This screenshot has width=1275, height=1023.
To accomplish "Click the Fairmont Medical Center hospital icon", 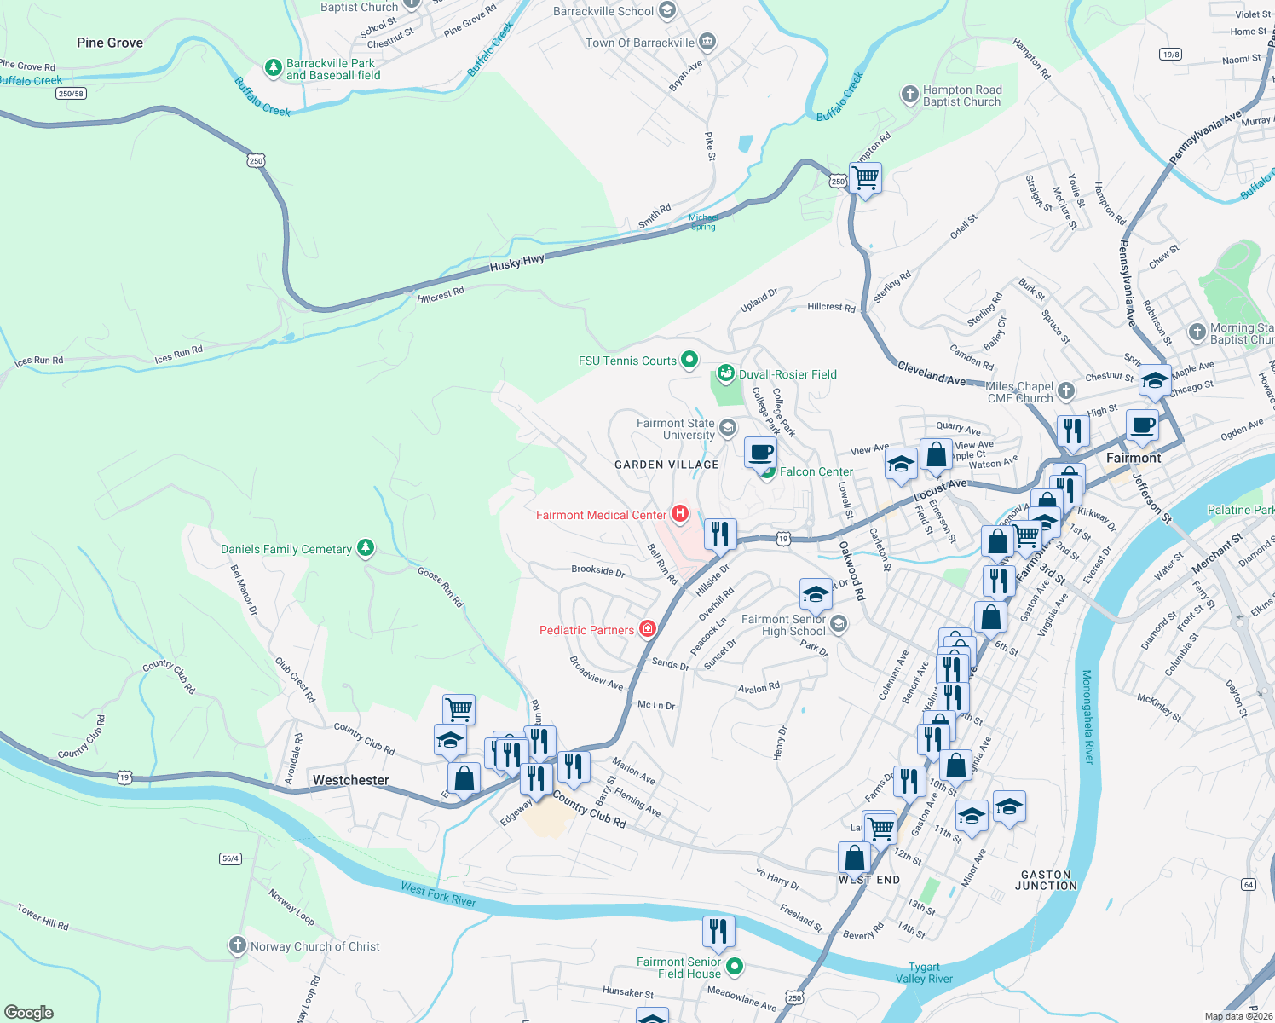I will [680, 513].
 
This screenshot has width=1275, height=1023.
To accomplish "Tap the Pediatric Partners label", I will [586, 630].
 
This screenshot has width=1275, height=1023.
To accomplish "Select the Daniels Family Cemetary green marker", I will [366, 547].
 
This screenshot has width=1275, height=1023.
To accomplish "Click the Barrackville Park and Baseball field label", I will [333, 69].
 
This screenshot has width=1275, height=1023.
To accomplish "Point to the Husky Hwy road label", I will [516, 264].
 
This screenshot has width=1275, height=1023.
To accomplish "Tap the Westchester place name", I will [350, 780].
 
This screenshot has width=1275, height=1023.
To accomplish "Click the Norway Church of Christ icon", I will [238, 945].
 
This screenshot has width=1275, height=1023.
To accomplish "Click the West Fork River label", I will [438, 894].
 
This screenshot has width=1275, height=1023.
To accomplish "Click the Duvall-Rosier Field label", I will [787, 374].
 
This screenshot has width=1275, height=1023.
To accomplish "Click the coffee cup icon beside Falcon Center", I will [760, 452].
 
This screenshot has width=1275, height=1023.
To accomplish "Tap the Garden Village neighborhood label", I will [666, 465].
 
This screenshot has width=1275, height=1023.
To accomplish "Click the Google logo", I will [28, 1012].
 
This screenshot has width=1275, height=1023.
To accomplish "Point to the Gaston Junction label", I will [1046, 881].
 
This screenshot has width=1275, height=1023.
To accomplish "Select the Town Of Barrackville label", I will [640, 43].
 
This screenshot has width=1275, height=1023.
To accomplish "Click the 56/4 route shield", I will [230, 858].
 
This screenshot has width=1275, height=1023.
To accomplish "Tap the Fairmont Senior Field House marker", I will [734, 967].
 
